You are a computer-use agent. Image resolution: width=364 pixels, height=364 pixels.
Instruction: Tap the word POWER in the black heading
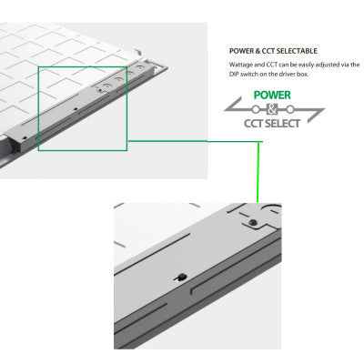click(x=241, y=50)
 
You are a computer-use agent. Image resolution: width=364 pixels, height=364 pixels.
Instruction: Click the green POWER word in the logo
click(x=273, y=95)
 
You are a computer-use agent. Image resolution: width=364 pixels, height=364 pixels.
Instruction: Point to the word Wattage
click(x=241, y=66)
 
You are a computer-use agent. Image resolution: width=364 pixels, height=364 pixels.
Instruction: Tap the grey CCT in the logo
click(x=257, y=122)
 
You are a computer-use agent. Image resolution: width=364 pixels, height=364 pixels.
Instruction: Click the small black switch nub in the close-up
click(x=180, y=277)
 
